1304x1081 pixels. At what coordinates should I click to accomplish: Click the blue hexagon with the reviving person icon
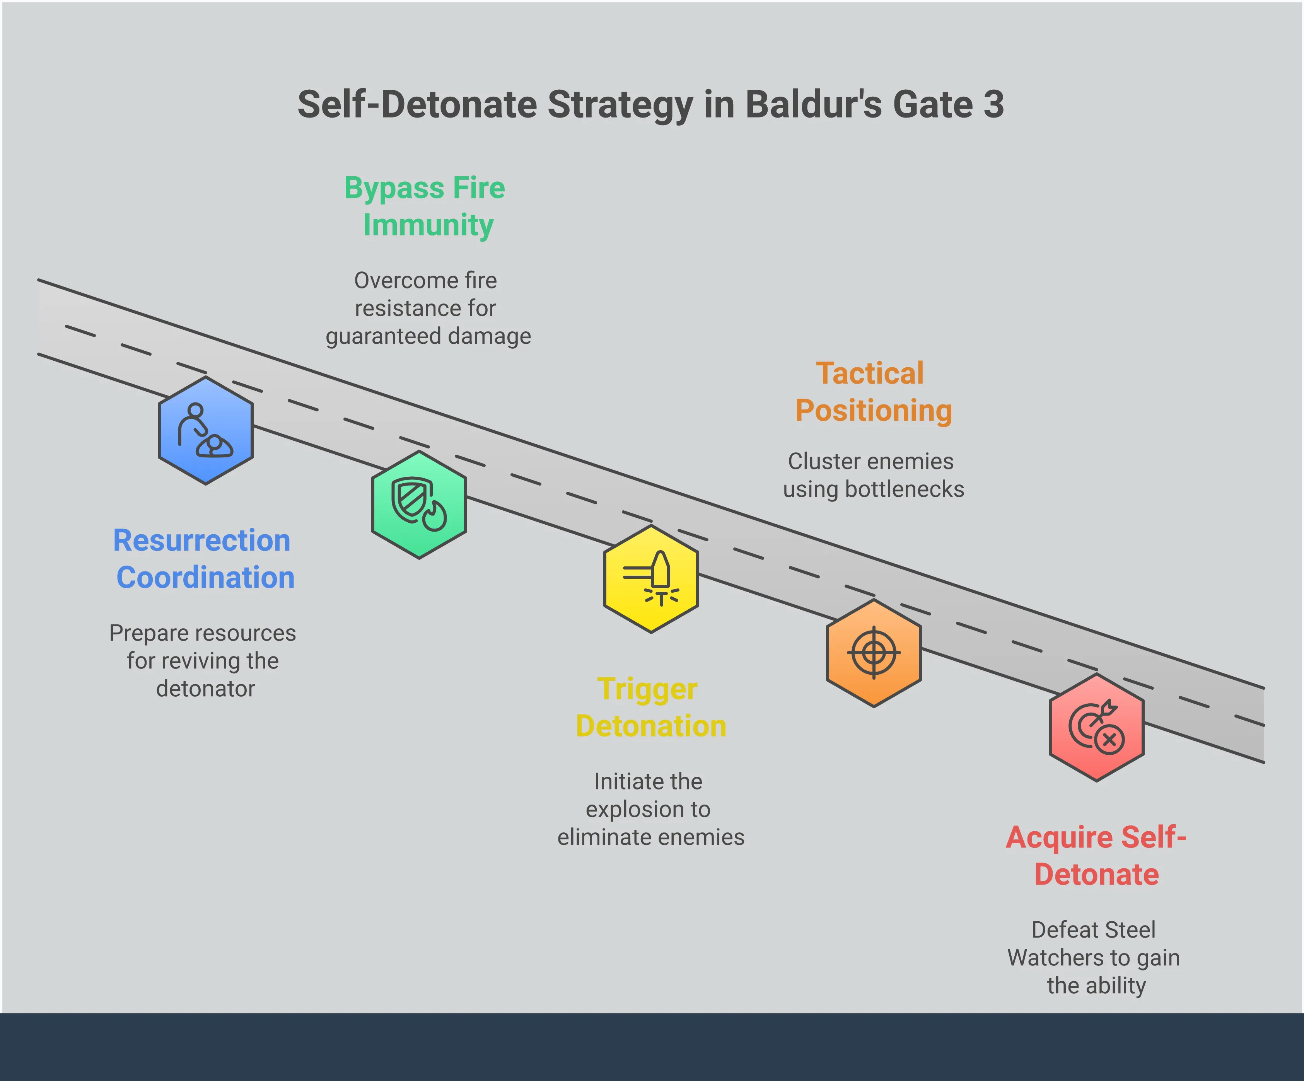205,430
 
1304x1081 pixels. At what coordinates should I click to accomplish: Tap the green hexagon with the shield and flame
419,505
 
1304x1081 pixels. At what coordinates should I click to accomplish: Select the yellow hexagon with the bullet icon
651,579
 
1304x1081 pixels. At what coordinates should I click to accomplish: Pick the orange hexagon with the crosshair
874,653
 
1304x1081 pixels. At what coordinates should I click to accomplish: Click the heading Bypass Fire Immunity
425,206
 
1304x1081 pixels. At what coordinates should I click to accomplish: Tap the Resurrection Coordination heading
204,559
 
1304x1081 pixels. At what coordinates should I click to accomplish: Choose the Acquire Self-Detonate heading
1096,856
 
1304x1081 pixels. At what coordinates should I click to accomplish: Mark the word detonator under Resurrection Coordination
205,689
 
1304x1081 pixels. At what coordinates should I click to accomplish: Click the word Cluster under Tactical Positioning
817,461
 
